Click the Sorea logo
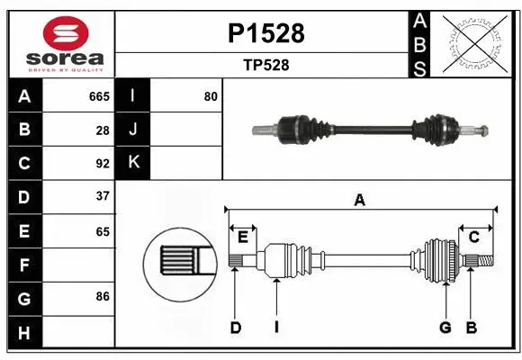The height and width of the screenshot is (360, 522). pyautogui.click(x=61, y=44)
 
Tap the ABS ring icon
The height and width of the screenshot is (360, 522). pyautogui.click(x=477, y=43)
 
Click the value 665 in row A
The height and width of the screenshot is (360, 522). pyautogui.click(x=99, y=96)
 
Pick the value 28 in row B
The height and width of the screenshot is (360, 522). pyautogui.click(x=103, y=130)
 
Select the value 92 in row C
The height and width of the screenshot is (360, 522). pyautogui.click(x=103, y=163)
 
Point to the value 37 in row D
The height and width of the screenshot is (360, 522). pyautogui.click(x=103, y=195)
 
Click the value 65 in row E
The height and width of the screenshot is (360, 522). pyautogui.click(x=103, y=230)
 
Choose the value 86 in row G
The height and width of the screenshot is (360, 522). pyautogui.click(x=103, y=295)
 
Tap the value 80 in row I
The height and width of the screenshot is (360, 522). pyautogui.click(x=211, y=96)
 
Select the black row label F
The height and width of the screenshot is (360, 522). pyautogui.click(x=24, y=265)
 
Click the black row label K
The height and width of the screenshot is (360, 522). pyautogui.click(x=133, y=163)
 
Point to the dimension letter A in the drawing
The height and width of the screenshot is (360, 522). pyautogui.click(x=359, y=201)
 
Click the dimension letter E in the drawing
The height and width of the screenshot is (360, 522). pyautogui.click(x=243, y=237)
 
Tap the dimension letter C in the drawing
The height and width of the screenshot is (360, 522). pyautogui.click(x=473, y=237)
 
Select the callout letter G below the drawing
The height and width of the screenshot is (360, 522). pyautogui.click(x=445, y=328)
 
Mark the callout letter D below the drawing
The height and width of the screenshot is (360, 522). pyautogui.click(x=235, y=328)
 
